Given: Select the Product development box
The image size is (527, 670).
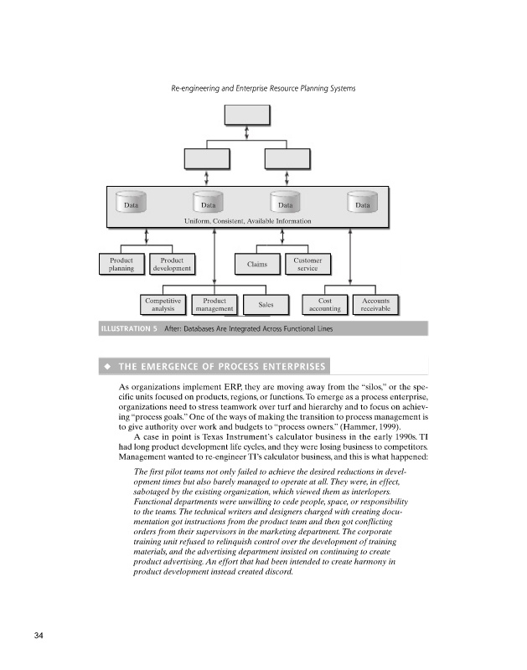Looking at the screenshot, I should tap(172, 264).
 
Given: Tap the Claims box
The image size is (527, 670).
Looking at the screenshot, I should tap(257, 265).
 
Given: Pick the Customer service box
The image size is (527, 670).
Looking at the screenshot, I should tap(307, 264).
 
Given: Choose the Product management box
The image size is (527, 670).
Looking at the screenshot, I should tap(214, 304).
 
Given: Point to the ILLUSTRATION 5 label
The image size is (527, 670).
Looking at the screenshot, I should tap(129, 328).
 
